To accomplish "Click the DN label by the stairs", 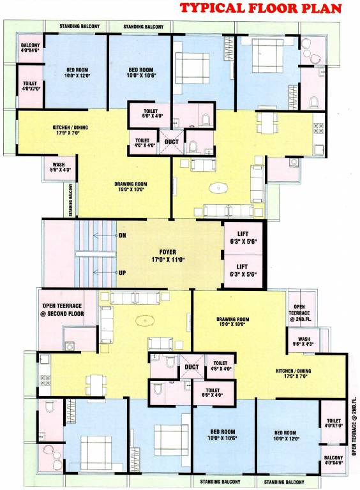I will coord(123,235).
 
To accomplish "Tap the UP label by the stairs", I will coord(123,272).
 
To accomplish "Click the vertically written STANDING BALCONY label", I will coord(71,200).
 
